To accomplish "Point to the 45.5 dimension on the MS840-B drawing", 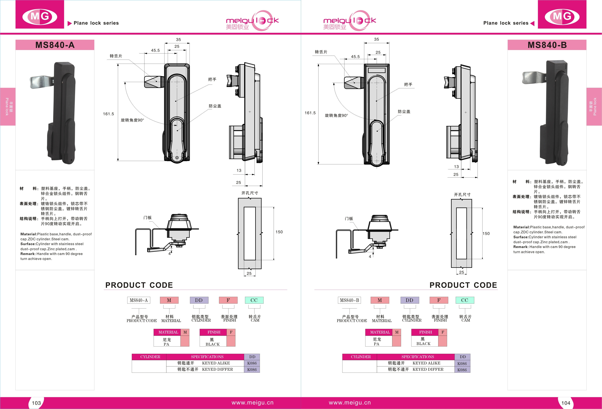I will coord(355,57).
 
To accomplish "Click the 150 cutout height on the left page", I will coord(279,232).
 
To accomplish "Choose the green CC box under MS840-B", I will coord(465,300).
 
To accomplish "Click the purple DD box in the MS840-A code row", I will coord(199,300).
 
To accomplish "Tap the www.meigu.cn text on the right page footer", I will coord(350,403).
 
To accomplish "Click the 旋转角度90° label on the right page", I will coord(336,115).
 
